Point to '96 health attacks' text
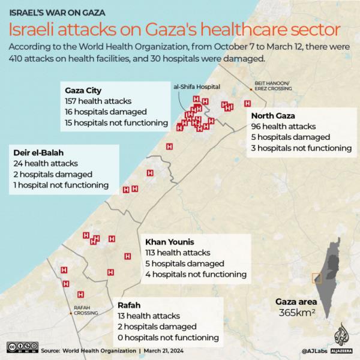coord(283,127)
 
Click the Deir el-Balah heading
coord(38,152)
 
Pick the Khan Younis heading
coord(170,242)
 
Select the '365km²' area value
coord(296,313)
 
